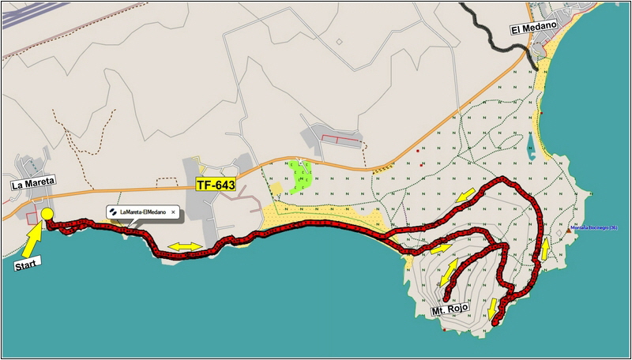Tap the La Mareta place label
pos(32,184)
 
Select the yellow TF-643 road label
pos(216,184)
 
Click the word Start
pos(27,266)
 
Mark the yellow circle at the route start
pos(47,214)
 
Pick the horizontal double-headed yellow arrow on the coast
pos(185,246)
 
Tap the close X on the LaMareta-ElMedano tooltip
pos(173,212)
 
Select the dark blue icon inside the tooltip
pos(114,212)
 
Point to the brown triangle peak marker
pos(569,231)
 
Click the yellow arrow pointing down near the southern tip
pos(493,307)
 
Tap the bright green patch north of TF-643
pos(299,176)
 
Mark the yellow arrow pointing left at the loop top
pos(466,194)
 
